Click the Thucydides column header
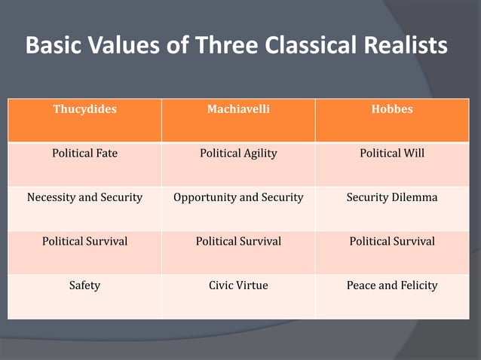pyautogui.click(x=84, y=109)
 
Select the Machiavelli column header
pyautogui.click(x=238, y=109)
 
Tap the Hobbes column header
pyautogui.click(x=392, y=109)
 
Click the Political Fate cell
pyautogui.click(x=84, y=154)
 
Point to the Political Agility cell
pyautogui.click(x=238, y=154)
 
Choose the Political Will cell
pyautogui.click(x=392, y=154)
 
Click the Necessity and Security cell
pyautogui.click(x=84, y=197)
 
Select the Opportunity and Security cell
pyautogui.click(x=238, y=197)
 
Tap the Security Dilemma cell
pyautogui.click(x=392, y=197)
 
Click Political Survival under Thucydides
pyautogui.click(x=84, y=242)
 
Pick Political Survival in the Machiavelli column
pyautogui.click(x=238, y=242)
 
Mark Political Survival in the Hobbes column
pyautogui.click(x=392, y=242)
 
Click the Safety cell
pyautogui.click(x=84, y=285)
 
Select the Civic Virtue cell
pyautogui.click(x=238, y=285)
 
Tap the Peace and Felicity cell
pyautogui.click(x=392, y=285)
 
